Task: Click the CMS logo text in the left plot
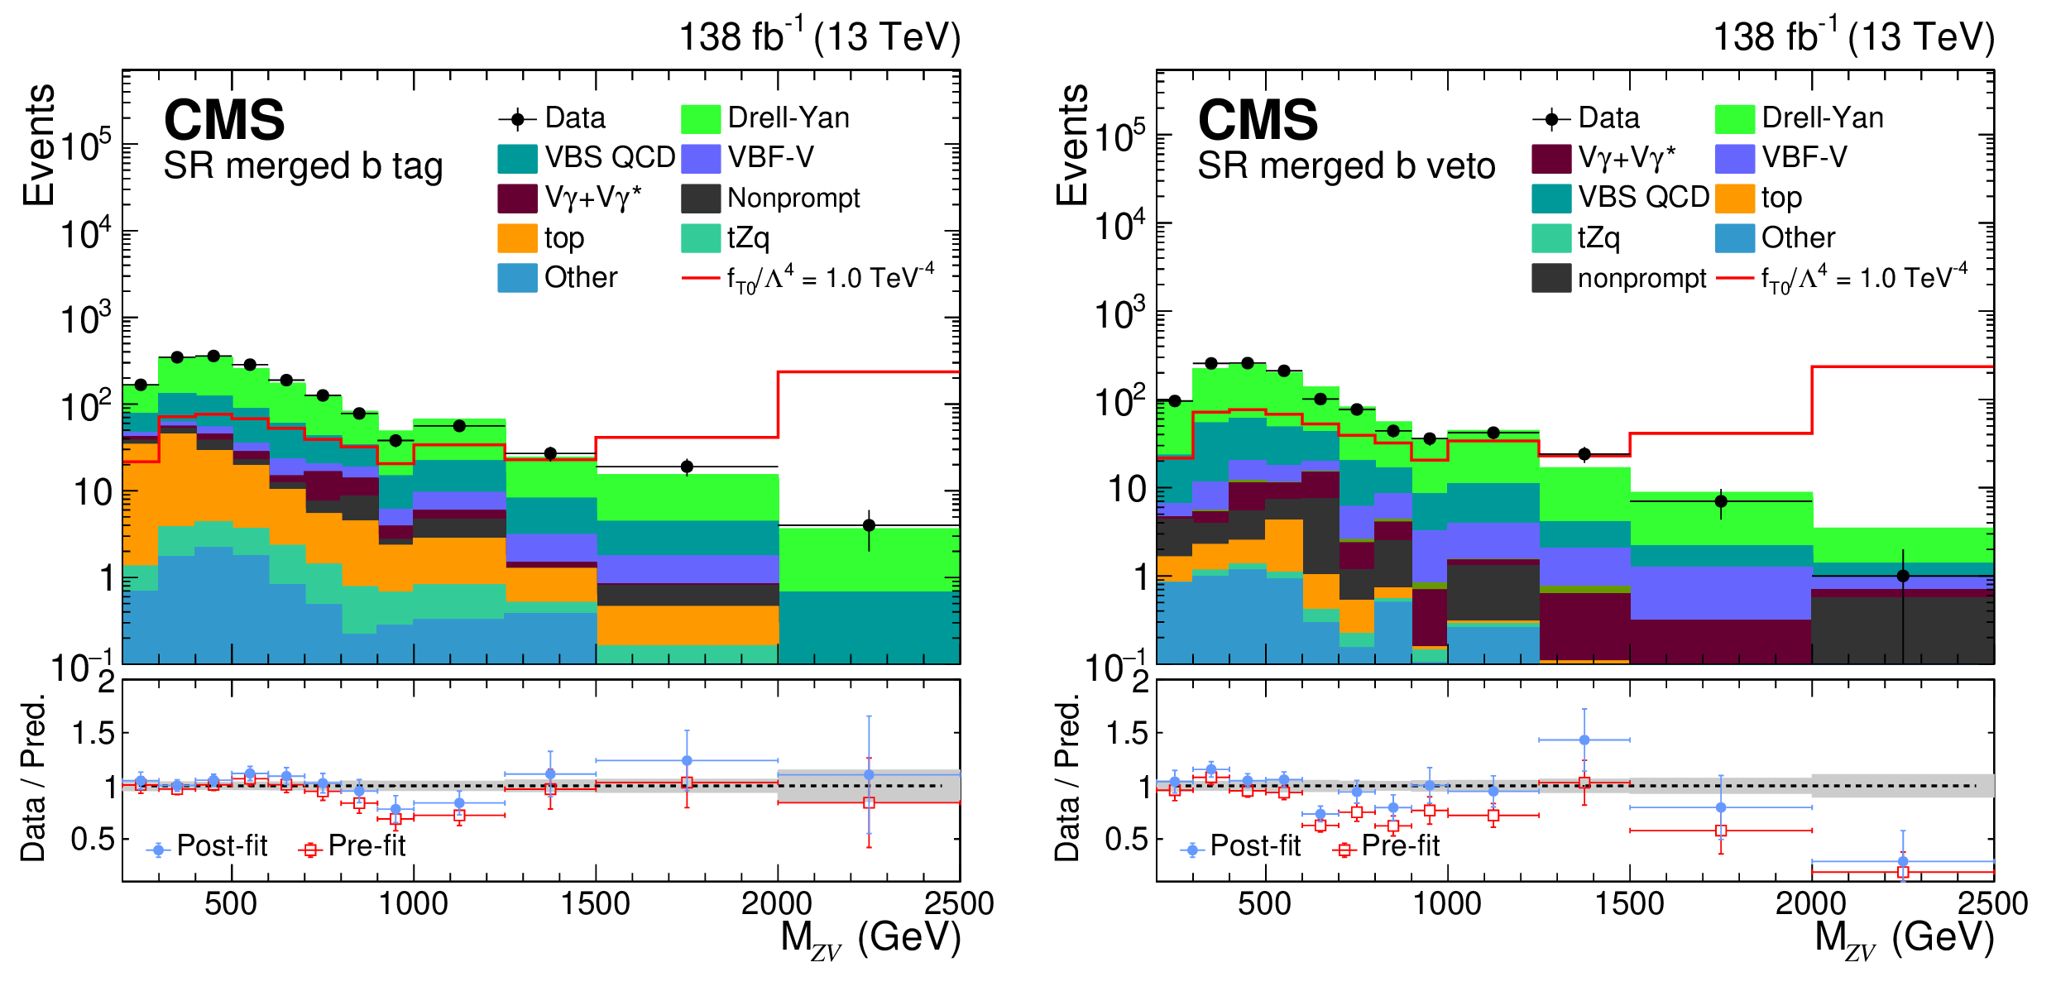point(224,120)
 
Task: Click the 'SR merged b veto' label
point(1346,166)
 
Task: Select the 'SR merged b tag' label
point(303,166)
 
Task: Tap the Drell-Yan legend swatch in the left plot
point(700,119)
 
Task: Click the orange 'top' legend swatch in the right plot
point(1734,199)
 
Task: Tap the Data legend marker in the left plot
point(518,119)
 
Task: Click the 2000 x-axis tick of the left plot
point(776,903)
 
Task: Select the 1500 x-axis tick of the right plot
point(1629,903)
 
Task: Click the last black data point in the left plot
point(869,525)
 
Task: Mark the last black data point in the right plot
point(1903,576)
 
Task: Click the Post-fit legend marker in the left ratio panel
point(158,850)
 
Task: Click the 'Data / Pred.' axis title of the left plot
point(32,778)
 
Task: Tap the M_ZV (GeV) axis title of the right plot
point(1903,940)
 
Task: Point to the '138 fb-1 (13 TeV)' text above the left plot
point(819,37)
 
